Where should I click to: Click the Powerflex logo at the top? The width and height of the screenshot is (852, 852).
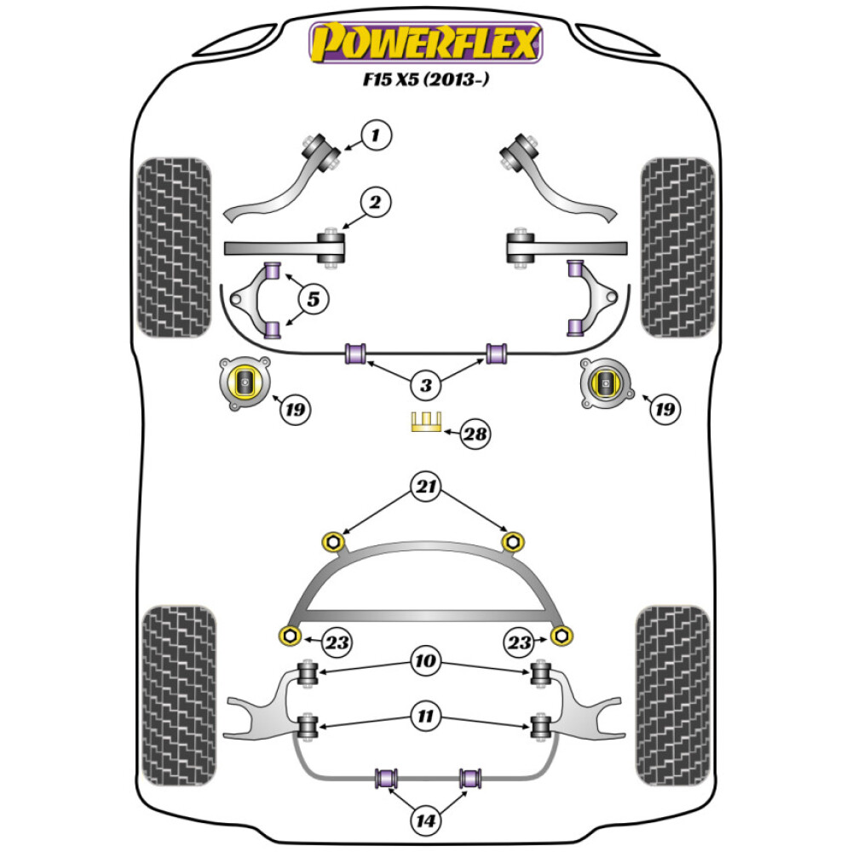426,43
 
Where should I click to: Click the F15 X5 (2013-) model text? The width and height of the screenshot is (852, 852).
426,83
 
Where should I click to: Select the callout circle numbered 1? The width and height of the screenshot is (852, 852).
378,134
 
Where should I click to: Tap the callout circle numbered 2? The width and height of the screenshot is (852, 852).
375,203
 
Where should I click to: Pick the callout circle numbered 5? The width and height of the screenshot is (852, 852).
314,299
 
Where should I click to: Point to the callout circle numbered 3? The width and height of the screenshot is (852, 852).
426,386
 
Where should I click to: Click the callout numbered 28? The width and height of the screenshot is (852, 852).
475,435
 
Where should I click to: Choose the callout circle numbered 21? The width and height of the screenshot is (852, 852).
426,487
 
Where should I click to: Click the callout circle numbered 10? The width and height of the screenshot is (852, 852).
426,659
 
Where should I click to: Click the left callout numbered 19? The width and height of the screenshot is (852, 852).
296,411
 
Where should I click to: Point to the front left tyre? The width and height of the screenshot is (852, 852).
174,245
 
